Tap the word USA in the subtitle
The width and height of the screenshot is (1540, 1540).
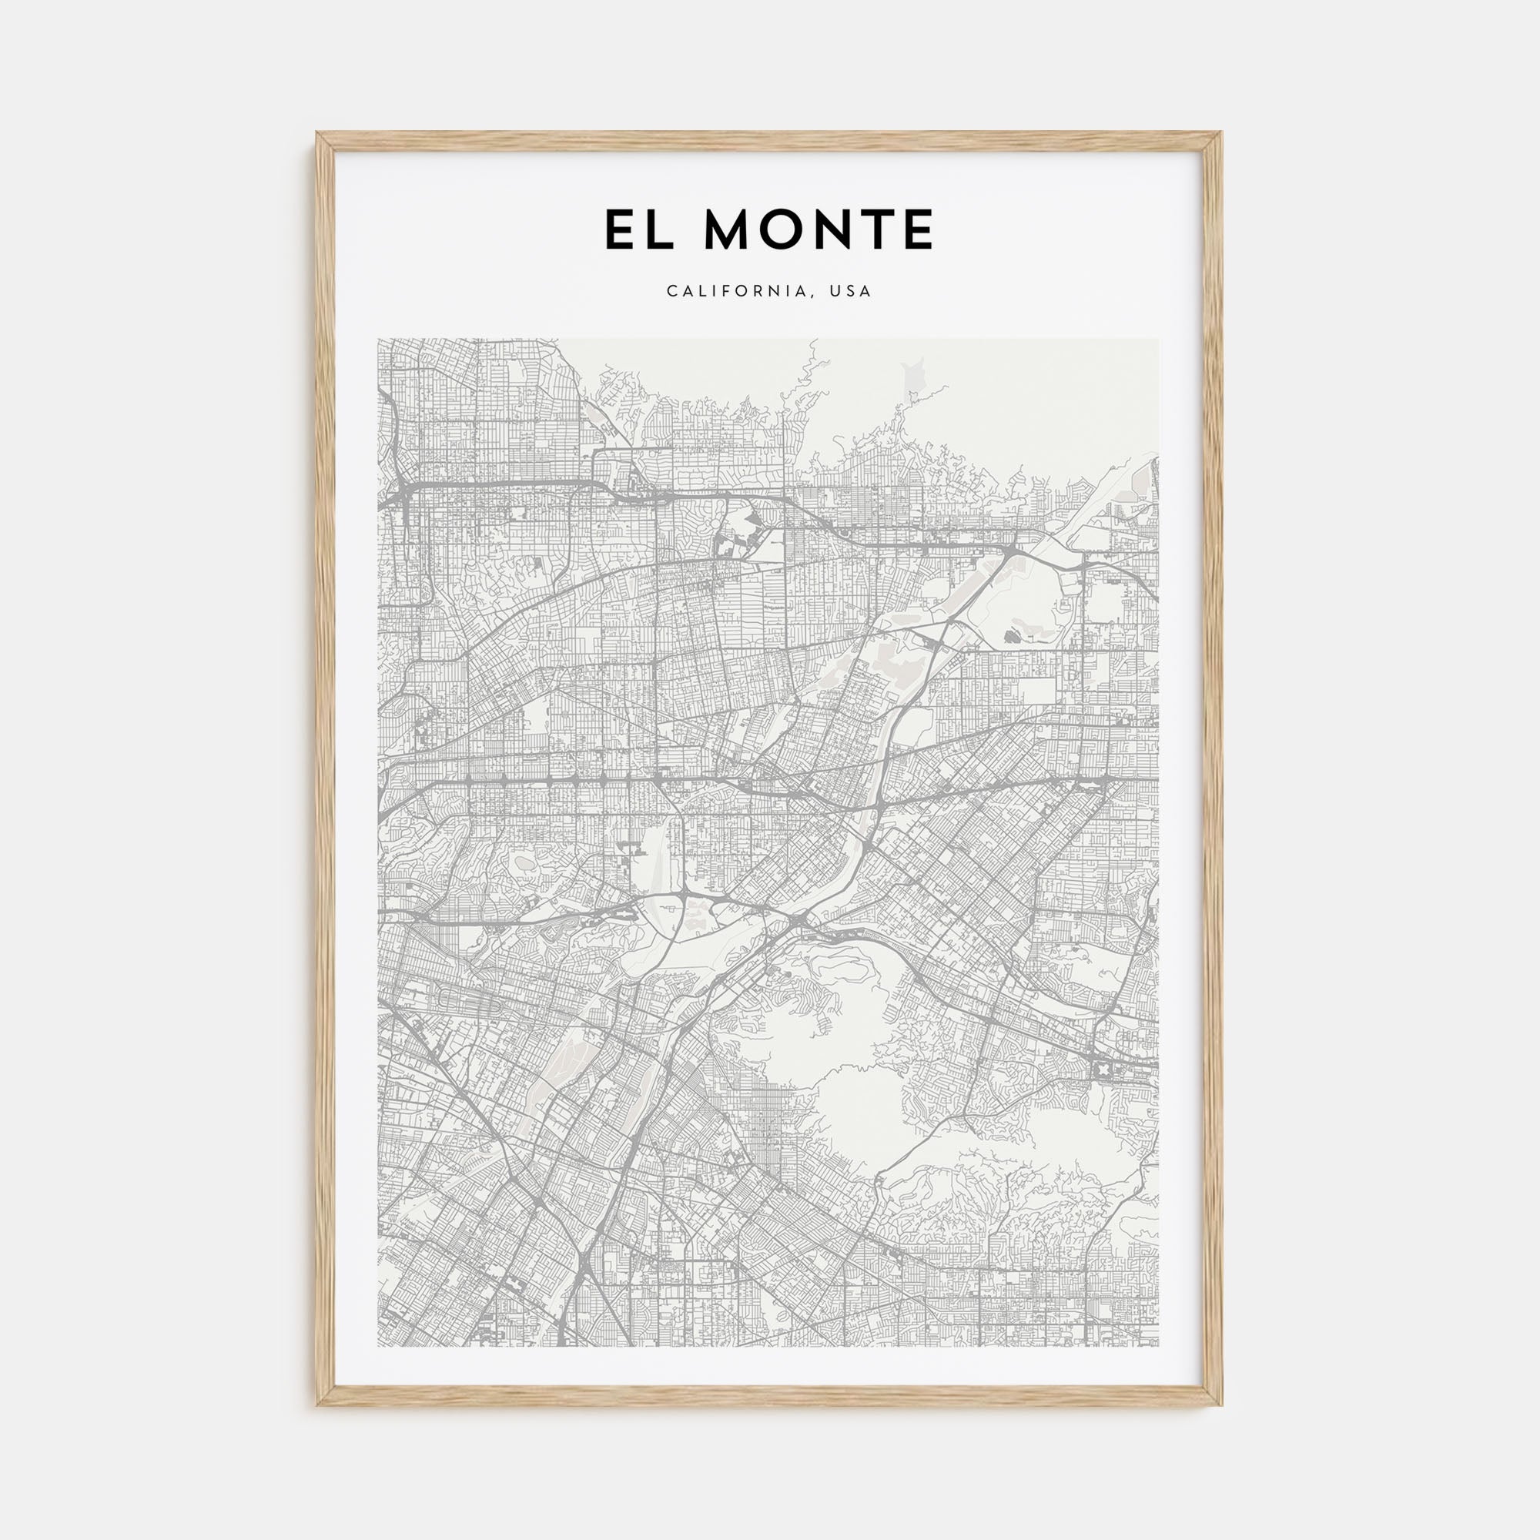[x=852, y=292]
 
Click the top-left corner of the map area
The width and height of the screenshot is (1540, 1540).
[x=378, y=339]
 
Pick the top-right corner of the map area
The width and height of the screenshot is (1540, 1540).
[x=1159, y=339]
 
